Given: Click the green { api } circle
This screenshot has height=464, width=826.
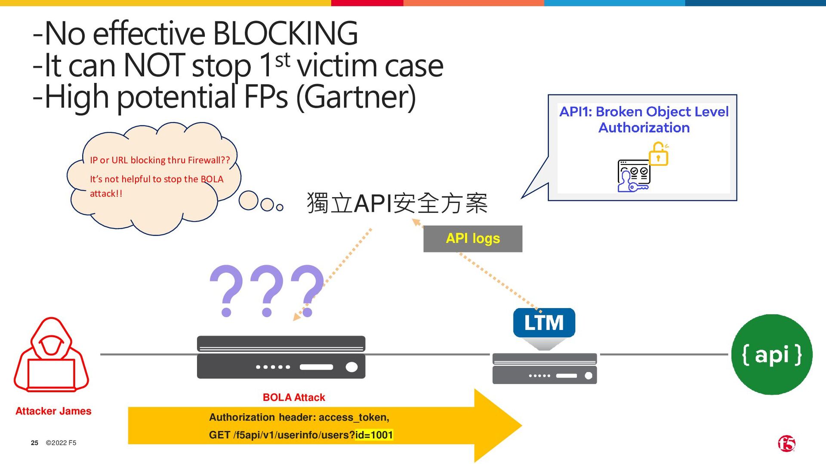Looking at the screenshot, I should (x=772, y=354).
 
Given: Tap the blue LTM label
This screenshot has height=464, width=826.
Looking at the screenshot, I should (x=544, y=323).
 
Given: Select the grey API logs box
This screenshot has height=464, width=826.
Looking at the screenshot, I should (x=473, y=238).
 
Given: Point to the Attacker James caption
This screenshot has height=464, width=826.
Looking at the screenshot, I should (x=53, y=411).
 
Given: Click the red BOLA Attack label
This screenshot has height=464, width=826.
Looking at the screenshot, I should (x=294, y=397).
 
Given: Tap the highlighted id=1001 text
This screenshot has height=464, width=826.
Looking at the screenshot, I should (x=374, y=435).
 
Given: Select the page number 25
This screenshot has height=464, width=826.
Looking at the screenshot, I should (x=34, y=443).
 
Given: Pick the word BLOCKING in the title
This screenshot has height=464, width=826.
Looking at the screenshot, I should (x=285, y=33).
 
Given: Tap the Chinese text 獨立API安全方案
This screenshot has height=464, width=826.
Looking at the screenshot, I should (x=397, y=203).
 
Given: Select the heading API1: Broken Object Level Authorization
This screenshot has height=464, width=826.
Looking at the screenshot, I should (x=644, y=119).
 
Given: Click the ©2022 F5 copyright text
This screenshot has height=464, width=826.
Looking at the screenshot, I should (x=61, y=443).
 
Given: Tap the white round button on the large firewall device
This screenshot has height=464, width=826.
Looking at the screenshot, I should (x=351, y=367).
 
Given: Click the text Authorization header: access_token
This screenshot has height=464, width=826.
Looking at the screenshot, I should (x=299, y=417).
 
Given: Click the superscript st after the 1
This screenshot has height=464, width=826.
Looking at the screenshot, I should (x=283, y=61).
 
